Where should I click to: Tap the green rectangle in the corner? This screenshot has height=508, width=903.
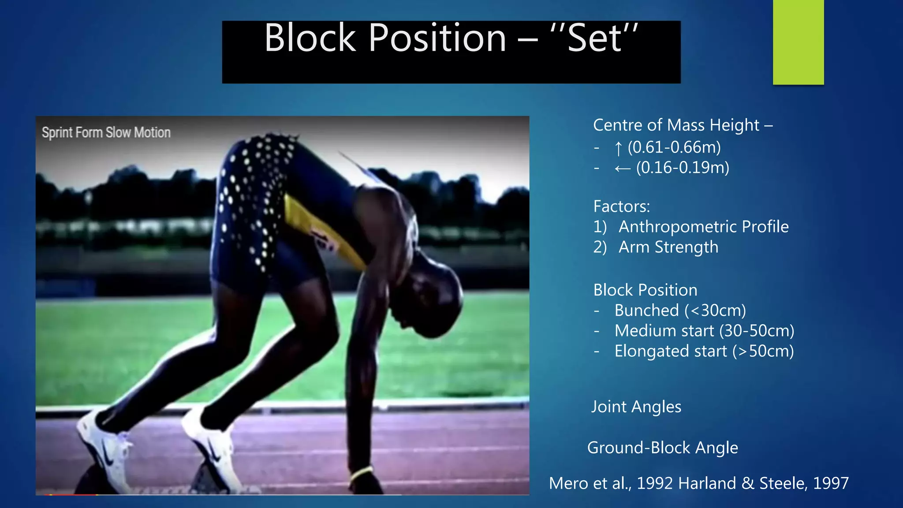click(798, 42)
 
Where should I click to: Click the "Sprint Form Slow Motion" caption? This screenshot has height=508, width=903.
click(106, 132)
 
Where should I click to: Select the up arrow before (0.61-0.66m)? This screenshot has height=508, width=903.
click(618, 148)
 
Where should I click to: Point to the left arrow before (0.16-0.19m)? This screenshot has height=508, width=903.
click(623, 168)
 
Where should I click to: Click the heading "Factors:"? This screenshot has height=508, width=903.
click(621, 206)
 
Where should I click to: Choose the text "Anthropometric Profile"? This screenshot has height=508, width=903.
click(703, 227)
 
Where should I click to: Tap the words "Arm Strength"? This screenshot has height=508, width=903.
click(668, 247)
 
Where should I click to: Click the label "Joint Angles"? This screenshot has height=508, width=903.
click(636, 407)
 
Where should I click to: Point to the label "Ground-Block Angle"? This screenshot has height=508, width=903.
click(662, 448)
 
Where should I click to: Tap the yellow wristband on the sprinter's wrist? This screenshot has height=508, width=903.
click(362, 474)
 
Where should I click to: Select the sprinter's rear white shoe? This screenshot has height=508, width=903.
click(104, 445)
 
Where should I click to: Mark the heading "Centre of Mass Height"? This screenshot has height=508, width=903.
click(676, 125)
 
